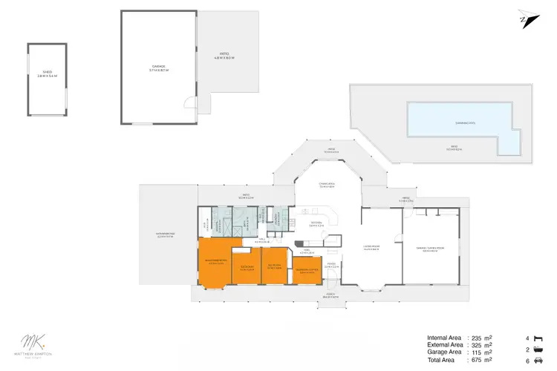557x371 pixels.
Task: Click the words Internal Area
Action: [444, 336]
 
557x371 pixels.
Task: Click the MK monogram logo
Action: [31, 344]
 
